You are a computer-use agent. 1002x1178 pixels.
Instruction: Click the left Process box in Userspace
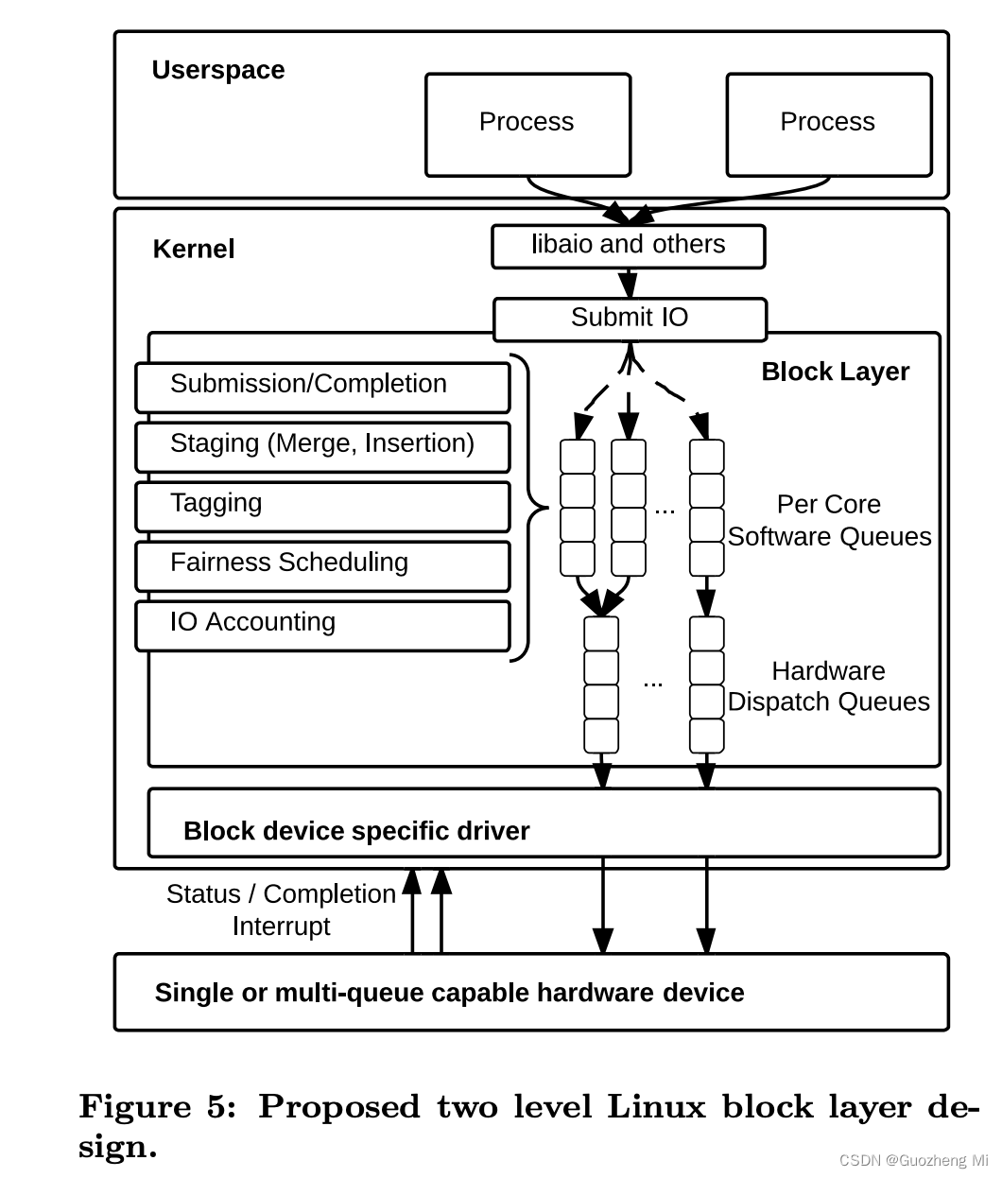point(527,124)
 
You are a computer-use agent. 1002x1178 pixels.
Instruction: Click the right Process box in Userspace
point(828,124)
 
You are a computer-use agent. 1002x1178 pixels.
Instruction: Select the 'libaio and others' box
point(628,246)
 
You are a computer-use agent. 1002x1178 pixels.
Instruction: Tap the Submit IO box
point(630,319)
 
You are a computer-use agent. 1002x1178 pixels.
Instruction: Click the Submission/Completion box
point(322,387)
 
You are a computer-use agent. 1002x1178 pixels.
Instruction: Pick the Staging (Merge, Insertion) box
point(322,446)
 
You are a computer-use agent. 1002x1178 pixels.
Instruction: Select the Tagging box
point(322,506)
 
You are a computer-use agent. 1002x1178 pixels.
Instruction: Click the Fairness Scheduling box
point(322,565)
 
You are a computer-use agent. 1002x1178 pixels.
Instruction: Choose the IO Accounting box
point(322,625)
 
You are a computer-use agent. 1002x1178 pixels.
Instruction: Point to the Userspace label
point(218,71)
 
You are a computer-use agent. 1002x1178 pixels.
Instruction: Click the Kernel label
point(194,250)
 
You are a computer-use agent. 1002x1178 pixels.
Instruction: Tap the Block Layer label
point(835,372)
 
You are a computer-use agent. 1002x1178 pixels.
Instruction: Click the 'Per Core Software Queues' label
point(829,521)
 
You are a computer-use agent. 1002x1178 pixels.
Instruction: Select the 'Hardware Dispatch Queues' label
point(828,686)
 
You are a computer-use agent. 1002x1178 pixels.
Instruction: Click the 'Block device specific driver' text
point(356,831)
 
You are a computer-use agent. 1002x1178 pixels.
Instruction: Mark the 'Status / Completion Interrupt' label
point(281,909)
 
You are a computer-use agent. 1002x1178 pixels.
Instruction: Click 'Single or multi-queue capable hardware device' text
point(449,993)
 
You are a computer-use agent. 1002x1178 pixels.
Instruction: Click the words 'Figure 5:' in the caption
point(157,1107)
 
